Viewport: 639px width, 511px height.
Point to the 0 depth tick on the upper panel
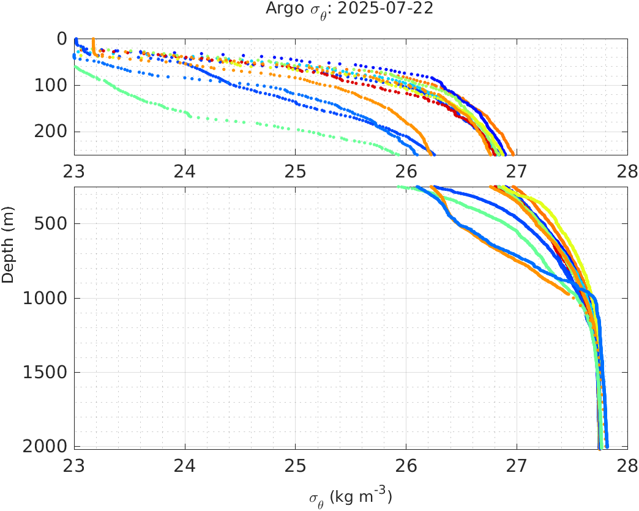(x=62, y=39)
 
